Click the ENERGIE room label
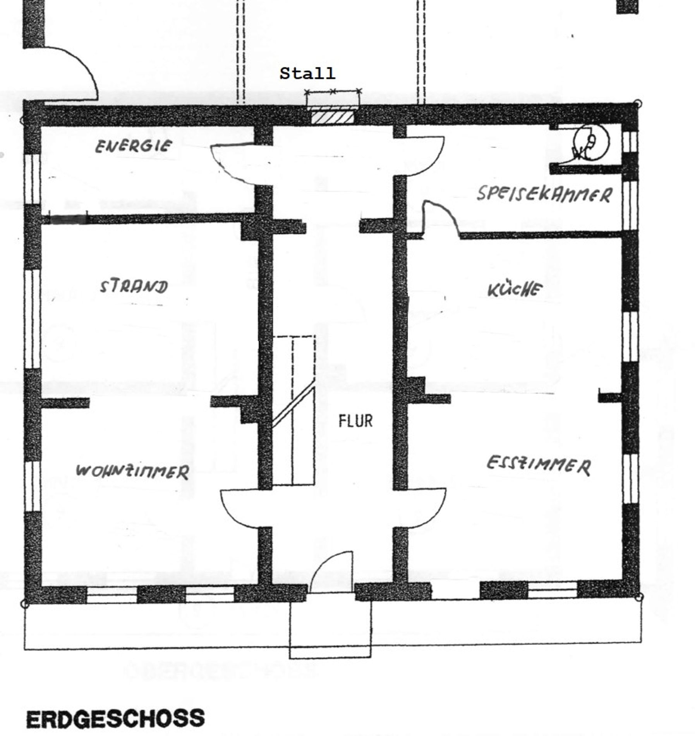click(133, 146)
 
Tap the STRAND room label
click(134, 286)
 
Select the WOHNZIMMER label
click(132, 471)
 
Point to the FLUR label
click(355, 421)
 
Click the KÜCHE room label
click(515, 289)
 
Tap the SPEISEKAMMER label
click(544, 194)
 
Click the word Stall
click(307, 73)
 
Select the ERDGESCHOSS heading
click(115, 719)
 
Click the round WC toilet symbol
click(591, 142)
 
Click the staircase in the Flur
click(293, 410)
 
